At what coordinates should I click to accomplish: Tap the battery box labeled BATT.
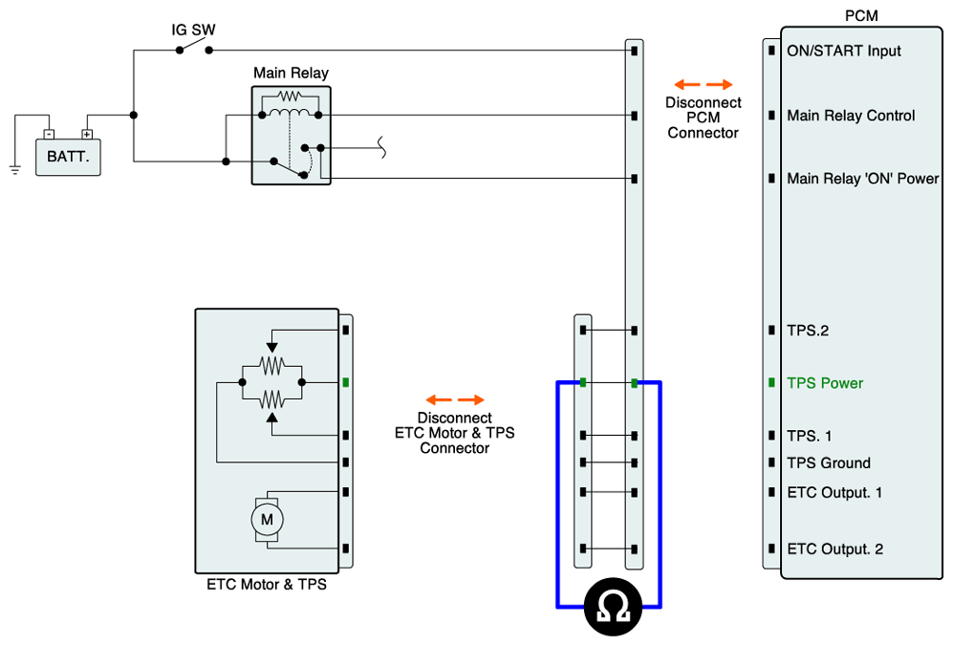pyautogui.click(x=68, y=156)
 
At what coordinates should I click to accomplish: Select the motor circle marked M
pyautogui.click(x=267, y=519)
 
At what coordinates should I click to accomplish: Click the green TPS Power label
pyautogui.click(x=825, y=383)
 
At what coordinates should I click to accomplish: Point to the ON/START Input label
pyautogui.click(x=843, y=51)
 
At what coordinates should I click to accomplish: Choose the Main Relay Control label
pyautogui.click(x=851, y=116)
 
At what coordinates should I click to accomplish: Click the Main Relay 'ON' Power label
pyautogui.click(x=862, y=179)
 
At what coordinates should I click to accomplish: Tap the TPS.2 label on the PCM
pyautogui.click(x=807, y=331)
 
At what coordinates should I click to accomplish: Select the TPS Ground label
pyautogui.click(x=828, y=463)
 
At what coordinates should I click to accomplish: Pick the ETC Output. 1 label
pyautogui.click(x=834, y=492)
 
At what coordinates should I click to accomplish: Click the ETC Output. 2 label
pyautogui.click(x=834, y=549)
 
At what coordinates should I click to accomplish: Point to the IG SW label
pyautogui.click(x=193, y=30)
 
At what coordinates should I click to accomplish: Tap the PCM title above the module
pyautogui.click(x=861, y=16)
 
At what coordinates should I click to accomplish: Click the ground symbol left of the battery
pyautogui.click(x=15, y=170)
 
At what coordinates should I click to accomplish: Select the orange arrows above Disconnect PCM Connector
pyautogui.click(x=704, y=84)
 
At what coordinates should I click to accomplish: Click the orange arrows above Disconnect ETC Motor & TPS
pyautogui.click(x=455, y=399)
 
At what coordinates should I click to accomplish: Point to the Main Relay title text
pyautogui.click(x=291, y=73)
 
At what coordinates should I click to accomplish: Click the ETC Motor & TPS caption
pyautogui.click(x=267, y=584)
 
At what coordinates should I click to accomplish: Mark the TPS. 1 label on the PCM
pyautogui.click(x=809, y=436)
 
